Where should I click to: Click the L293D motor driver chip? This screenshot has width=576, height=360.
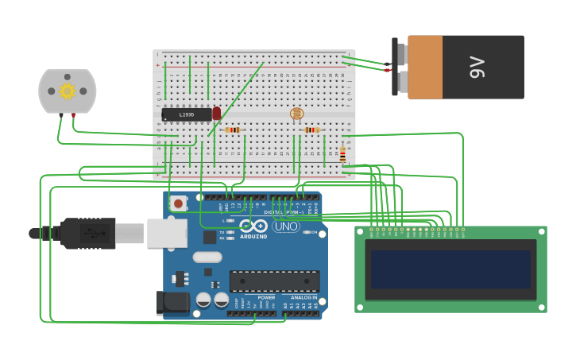(x=187, y=114)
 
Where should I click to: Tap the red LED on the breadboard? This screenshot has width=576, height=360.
(x=216, y=114)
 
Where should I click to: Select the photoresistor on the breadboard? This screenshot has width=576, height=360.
(x=296, y=114)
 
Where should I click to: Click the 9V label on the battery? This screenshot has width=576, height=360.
(x=477, y=67)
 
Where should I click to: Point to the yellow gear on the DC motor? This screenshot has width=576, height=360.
(x=67, y=91)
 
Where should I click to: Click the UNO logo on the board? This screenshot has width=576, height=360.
(x=285, y=226)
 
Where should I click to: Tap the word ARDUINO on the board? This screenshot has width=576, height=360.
(x=253, y=236)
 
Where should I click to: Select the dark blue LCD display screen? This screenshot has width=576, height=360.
(x=450, y=269)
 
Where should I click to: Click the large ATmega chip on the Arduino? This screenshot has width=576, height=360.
(x=274, y=281)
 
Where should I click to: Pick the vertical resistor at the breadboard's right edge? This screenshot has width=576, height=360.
(x=342, y=153)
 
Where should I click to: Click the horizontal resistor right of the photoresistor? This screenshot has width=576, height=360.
(x=312, y=130)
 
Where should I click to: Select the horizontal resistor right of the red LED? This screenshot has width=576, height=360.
(x=232, y=130)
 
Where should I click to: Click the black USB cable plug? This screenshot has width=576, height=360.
(x=87, y=234)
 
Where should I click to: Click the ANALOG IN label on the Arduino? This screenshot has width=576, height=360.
(x=303, y=297)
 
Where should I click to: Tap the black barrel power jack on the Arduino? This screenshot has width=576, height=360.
(x=172, y=302)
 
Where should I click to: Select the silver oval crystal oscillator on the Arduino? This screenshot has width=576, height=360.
(x=207, y=257)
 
